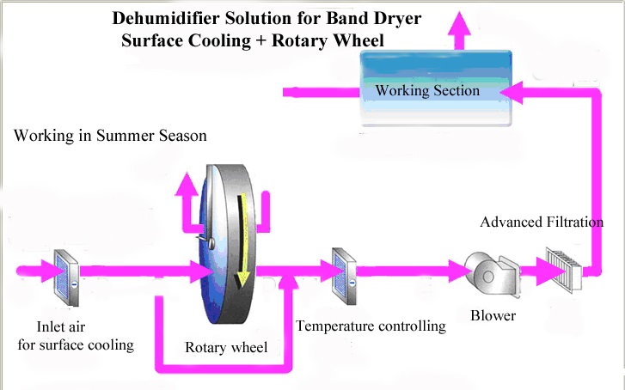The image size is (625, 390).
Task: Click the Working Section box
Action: (x=436, y=88)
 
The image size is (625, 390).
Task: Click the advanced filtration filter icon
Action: (x=564, y=269)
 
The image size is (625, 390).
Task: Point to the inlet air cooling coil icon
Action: (x=66, y=277)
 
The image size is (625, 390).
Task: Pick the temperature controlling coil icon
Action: (x=344, y=276)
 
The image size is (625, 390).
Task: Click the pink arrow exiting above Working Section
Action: (x=459, y=31)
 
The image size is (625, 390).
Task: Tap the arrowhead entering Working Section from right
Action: (x=511, y=93)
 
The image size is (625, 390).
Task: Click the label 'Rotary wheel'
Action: (x=226, y=347)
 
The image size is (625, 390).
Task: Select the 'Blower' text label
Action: (x=493, y=315)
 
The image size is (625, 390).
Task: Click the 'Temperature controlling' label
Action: (x=371, y=326)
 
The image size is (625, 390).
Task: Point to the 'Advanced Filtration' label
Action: (x=542, y=222)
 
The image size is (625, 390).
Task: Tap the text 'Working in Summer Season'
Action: (x=110, y=136)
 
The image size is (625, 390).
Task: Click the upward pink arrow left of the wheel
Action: (x=187, y=203)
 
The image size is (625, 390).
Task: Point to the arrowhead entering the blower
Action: (x=460, y=271)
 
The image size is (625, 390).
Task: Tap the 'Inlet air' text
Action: (x=61, y=326)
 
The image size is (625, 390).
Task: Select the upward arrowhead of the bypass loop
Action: (x=288, y=282)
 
